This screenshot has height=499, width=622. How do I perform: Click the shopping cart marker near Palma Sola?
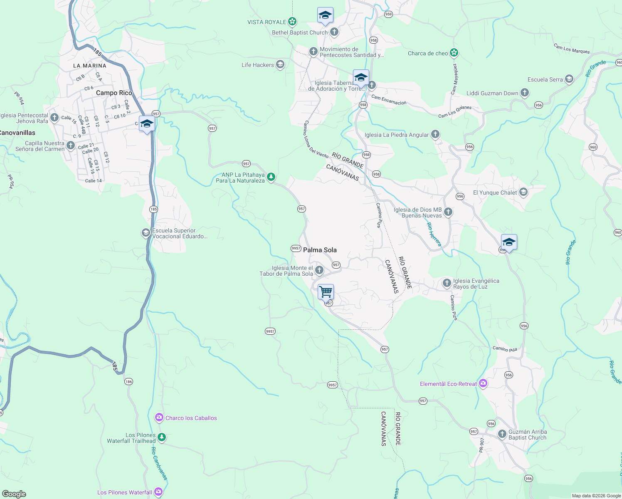326,291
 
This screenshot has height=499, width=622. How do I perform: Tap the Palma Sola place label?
320,250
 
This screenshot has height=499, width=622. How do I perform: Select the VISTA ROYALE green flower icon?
292,21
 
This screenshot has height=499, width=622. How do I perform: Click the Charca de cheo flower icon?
454,53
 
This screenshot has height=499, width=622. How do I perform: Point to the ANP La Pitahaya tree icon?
271,178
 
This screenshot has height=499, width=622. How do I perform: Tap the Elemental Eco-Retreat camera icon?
483,383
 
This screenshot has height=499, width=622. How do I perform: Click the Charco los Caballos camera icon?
159,417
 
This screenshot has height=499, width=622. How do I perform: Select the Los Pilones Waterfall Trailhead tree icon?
162,437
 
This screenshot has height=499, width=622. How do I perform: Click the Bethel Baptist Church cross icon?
334,32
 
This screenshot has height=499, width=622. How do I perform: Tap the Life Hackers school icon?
280,64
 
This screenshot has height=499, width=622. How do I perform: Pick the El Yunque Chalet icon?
523,192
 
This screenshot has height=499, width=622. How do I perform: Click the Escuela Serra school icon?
569,79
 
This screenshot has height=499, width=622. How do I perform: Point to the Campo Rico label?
114,93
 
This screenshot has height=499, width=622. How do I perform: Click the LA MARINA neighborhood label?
90,66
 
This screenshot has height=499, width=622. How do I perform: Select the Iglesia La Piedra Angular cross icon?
435,134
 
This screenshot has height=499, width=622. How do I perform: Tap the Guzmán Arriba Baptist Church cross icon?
502,434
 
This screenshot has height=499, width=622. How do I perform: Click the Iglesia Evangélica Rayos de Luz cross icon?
447,284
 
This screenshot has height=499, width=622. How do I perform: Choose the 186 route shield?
128,381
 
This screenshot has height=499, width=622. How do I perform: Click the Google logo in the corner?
14,494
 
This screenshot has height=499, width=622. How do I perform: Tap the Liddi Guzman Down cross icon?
525,93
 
